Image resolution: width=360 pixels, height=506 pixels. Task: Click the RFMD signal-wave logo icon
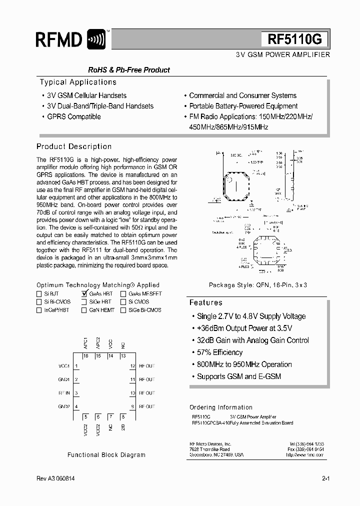tap(96, 39)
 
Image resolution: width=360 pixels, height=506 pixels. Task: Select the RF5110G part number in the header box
tap(295, 39)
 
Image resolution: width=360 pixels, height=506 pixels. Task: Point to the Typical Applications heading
tap(78, 82)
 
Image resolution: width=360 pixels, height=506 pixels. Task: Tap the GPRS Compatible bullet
tap(73, 116)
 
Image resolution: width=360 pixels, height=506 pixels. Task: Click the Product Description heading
tap(74, 146)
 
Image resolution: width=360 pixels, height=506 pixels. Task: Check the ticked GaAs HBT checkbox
tap(84, 294)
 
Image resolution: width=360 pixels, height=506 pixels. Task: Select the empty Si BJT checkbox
tap(39, 294)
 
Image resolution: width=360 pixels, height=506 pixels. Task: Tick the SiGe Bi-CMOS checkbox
tap(123, 310)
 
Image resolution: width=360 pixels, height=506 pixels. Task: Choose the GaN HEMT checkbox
tap(84, 310)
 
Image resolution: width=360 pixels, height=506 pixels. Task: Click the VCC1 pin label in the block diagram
tap(63, 366)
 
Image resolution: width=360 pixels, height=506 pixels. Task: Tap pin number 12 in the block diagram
tap(132, 366)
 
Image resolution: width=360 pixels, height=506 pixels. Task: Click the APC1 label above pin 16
tap(86, 343)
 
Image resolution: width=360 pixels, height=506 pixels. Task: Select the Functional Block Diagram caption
tap(106, 455)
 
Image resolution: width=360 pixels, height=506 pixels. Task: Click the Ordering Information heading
tap(221, 407)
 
